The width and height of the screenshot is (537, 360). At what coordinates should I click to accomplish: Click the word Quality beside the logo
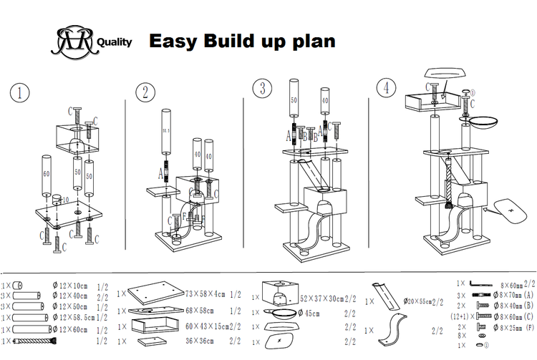click(113, 42)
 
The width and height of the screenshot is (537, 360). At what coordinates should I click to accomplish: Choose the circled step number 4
click(387, 88)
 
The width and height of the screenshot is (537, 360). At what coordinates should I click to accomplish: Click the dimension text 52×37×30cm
click(321, 298)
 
